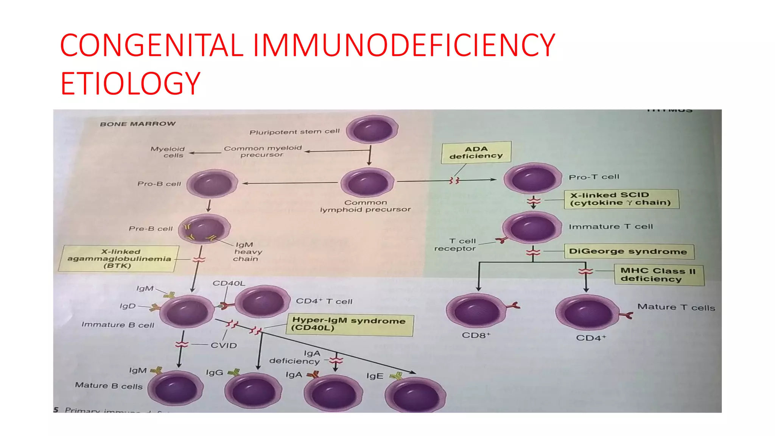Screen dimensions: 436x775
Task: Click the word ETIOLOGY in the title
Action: (130, 84)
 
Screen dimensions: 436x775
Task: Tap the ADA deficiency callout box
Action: (476, 153)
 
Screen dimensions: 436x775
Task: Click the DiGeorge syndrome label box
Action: (629, 251)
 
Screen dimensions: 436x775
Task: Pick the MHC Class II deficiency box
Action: (658, 275)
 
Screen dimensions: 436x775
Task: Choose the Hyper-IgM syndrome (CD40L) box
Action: (349, 325)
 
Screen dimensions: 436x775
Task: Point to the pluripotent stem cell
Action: (372, 129)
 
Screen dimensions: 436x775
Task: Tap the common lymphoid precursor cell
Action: (367, 182)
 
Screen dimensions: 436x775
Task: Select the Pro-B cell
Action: (212, 184)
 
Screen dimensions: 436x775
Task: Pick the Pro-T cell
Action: (532, 178)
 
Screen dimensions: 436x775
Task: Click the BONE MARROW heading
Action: (138, 124)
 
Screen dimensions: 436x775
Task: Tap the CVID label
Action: (224, 345)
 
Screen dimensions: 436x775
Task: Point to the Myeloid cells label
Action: (168, 152)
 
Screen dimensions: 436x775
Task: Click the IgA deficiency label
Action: (295, 357)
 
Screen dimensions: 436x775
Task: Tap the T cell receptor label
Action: (455, 244)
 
